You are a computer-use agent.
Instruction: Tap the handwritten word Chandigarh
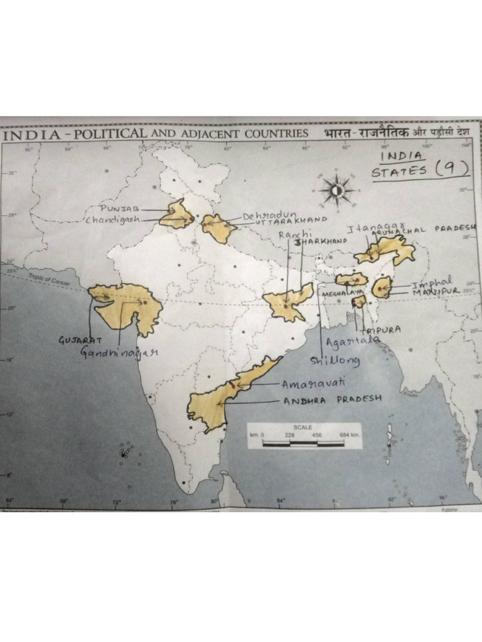tap(113, 220)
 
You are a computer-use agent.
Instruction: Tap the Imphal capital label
tap(432, 283)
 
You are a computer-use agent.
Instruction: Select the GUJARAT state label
tap(80, 340)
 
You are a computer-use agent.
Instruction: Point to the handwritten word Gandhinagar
tap(119, 352)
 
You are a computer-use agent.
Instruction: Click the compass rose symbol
tap(337, 189)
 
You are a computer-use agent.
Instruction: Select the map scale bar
tap(304, 442)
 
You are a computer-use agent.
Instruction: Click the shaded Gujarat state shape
tap(129, 307)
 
